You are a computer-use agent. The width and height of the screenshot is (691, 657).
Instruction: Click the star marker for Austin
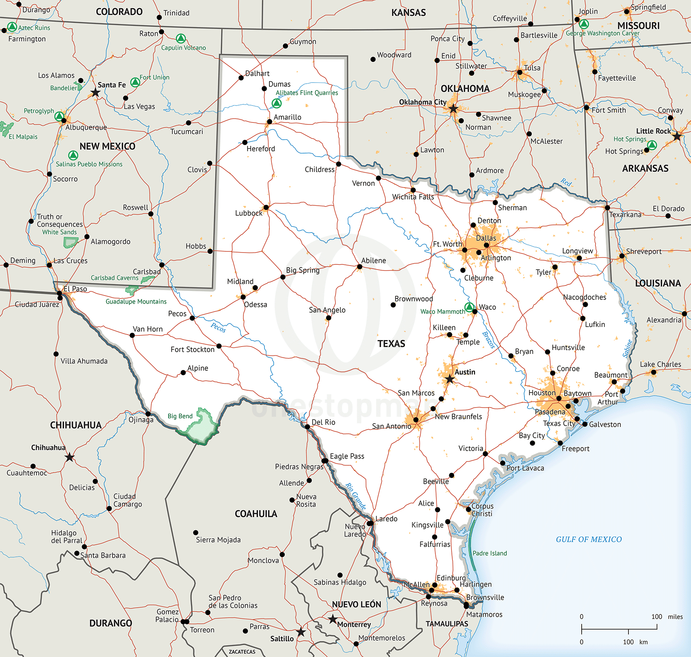[x=450, y=380]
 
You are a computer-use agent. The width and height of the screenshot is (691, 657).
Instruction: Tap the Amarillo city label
[x=287, y=117]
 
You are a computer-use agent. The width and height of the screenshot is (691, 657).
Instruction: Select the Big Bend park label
[x=180, y=416]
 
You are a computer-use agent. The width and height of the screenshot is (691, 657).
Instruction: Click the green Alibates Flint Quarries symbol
[x=276, y=103]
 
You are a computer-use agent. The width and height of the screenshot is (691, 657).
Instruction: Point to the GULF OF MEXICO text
[x=589, y=539]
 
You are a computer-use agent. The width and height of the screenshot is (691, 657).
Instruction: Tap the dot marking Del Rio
[x=307, y=427]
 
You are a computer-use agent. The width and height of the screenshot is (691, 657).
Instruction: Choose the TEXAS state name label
[x=391, y=343]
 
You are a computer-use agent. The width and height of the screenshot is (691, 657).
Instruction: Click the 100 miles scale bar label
[x=667, y=617]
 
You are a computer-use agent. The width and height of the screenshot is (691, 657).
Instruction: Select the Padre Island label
[x=489, y=553]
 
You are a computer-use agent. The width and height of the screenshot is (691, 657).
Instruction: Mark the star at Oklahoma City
[x=453, y=109]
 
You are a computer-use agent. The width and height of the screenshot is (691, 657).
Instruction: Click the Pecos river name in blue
[x=218, y=327]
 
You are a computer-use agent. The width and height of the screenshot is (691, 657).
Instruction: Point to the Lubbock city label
[x=248, y=213]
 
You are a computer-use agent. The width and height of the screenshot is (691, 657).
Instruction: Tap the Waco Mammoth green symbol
[x=469, y=307]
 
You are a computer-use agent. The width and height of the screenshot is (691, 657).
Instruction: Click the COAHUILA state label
[x=256, y=513]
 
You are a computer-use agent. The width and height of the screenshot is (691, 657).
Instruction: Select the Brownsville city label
[x=485, y=597]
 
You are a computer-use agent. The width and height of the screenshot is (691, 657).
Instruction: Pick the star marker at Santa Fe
[x=95, y=92]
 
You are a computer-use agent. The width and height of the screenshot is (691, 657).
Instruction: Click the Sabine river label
[x=627, y=348]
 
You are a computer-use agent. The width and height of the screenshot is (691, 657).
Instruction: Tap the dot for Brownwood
[x=393, y=305]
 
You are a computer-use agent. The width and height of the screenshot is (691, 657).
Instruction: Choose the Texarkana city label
[x=625, y=215]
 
